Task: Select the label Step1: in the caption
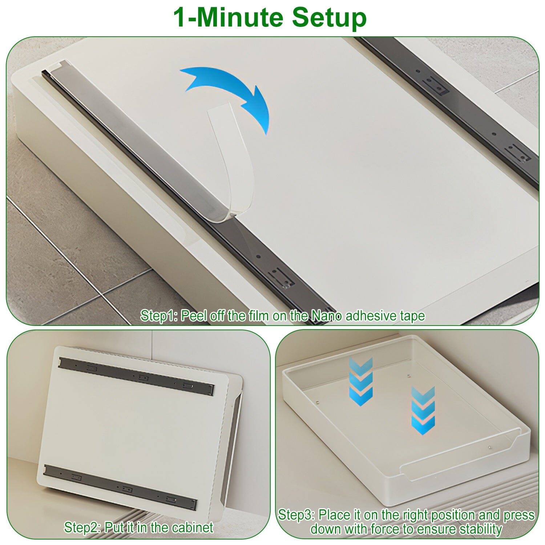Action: tap(158, 315)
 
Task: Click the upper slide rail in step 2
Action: tap(136, 376)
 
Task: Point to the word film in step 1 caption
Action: tap(259, 315)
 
